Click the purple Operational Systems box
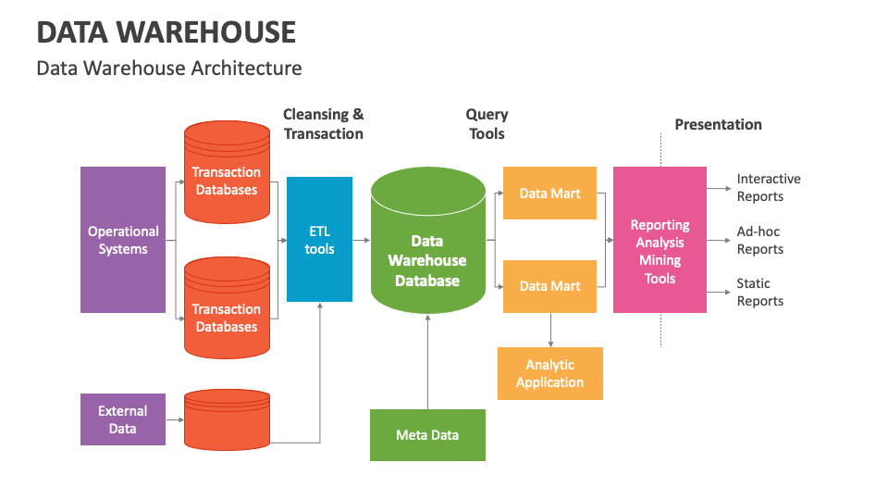(x=123, y=240)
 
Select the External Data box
(x=123, y=419)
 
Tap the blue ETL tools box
(x=319, y=239)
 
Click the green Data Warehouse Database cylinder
(x=427, y=250)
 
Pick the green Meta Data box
(x=427, y=435)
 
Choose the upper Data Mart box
(x=549, y=194)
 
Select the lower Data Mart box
(x=549, y=286)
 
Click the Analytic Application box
(x=549, y=374)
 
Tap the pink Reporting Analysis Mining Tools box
(x=660, y=240)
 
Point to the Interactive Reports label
(x=768, y=187)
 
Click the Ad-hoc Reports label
(x=759, y=240)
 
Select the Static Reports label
(x=759, y=292)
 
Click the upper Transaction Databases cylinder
(x=227, y=176)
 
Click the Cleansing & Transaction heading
(x=323, y=124)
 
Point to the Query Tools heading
(x=487, y=124)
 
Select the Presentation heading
(x=718, y=124)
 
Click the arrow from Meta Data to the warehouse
(x=427, y=361)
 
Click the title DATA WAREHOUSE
(x=166, y=32)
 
